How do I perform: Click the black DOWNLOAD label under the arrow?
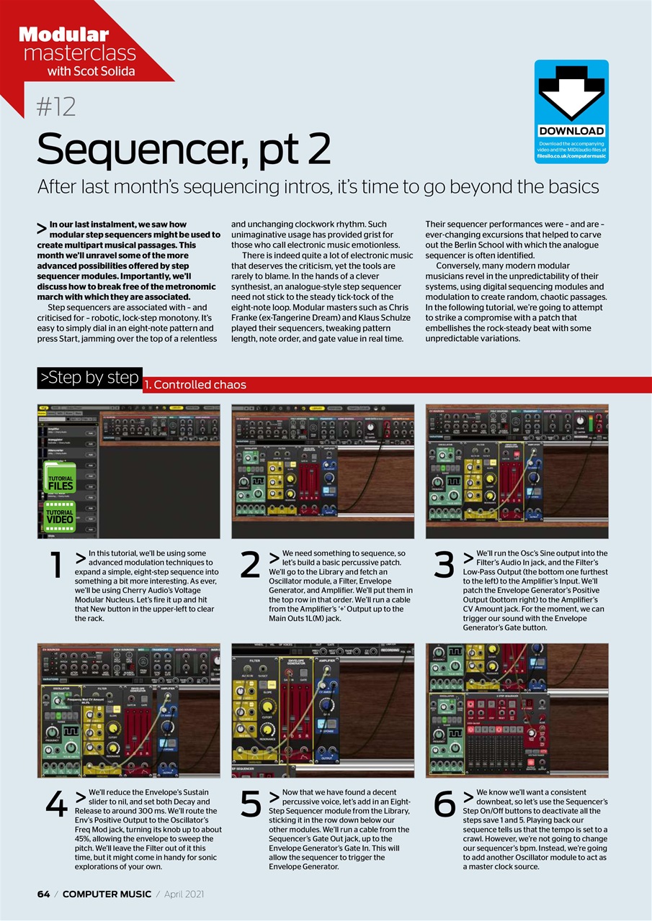pyautogui.click(x=571, y=131)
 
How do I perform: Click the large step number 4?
pyautogui.click(x=55, y=806)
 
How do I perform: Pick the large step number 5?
pyautogui.click(x=250, y=806)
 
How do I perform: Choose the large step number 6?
pyautogui.click(x=445, y=806)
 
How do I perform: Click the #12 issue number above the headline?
pyautogui.click(x=56, y=108)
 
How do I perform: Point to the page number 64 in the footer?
pyautogui.click(x=44, y=894)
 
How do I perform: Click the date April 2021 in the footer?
pyautogui.click(x=184, y=894)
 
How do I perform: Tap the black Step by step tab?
pyautogui.click(x=89, y=378)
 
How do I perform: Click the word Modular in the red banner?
pyautogui.click(x=63, y=34)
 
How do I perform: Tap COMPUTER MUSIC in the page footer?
pyautogui.click(x=107, y=894)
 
